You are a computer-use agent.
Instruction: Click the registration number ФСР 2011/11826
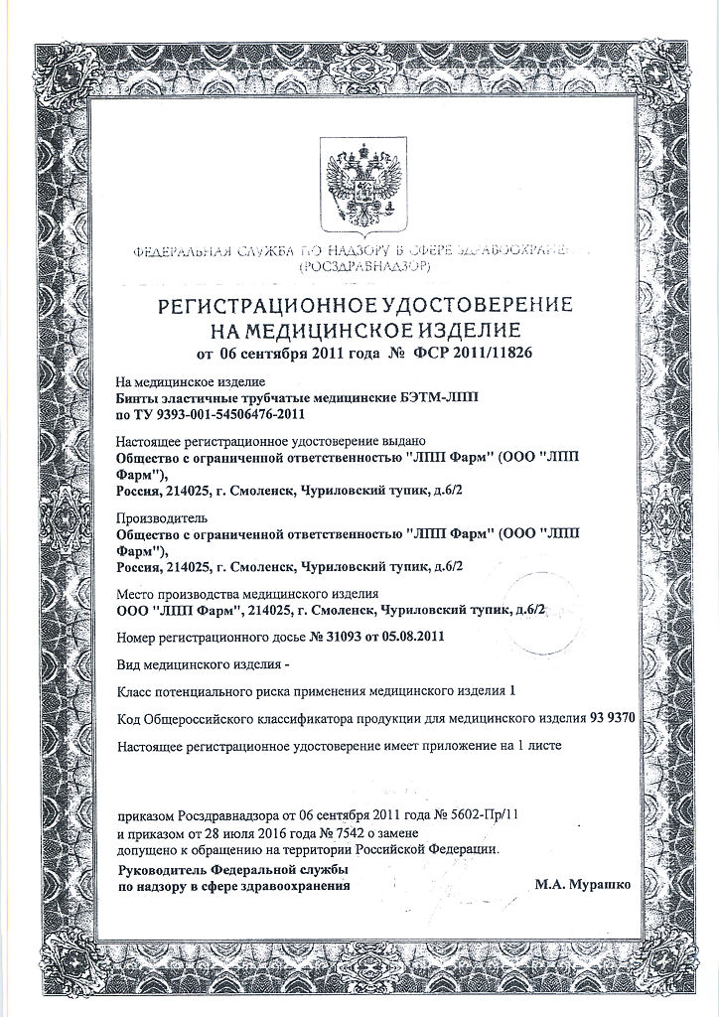tap(473, 353)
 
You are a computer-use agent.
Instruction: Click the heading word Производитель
tap(161, 517)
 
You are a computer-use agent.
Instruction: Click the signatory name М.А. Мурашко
tap(582, 882)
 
